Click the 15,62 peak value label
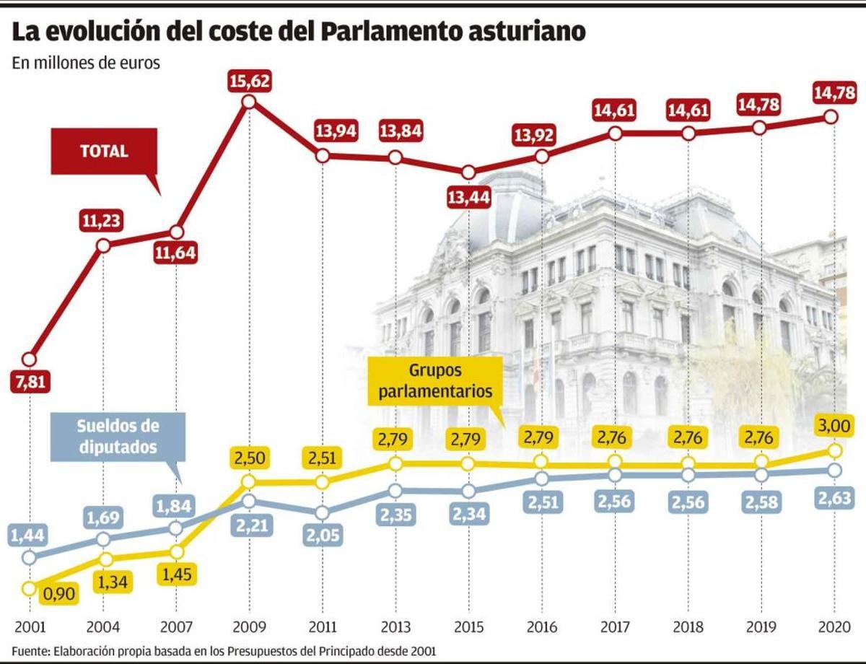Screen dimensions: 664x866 click(248, 80)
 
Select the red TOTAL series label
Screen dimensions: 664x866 click(104, 152)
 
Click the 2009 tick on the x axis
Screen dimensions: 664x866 click(248, 624)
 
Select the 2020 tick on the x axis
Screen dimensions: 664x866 click(834, 624)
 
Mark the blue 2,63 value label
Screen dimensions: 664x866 click(834, 498)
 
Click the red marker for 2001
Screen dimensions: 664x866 click(29, 359)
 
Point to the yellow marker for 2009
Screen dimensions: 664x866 click(248, 481)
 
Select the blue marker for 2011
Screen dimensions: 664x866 click(322, 512)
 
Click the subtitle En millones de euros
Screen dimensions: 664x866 click(86, 63)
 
